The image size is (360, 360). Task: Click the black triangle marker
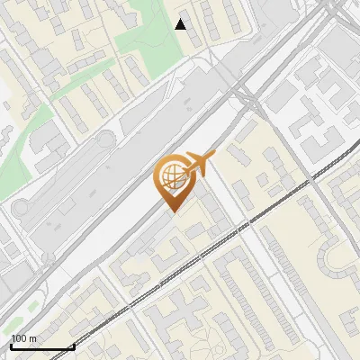(181, 24)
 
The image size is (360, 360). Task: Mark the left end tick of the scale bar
(10, 346)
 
